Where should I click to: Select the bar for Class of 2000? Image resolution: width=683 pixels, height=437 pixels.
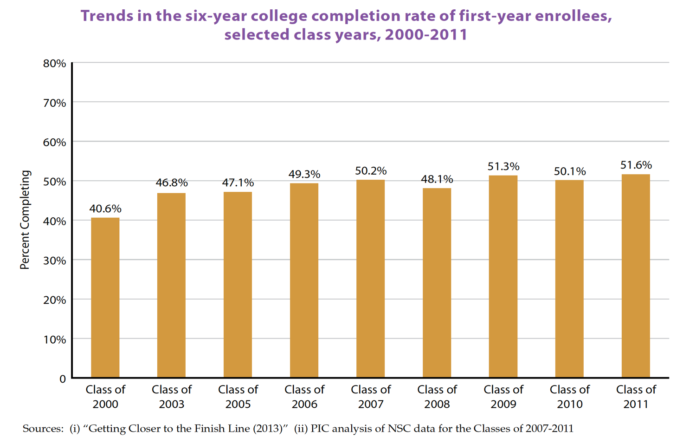(x=105, y=297)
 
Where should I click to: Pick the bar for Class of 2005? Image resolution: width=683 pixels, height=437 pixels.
(x=238, y=284)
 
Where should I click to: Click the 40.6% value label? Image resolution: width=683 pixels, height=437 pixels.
(x=105, y=209)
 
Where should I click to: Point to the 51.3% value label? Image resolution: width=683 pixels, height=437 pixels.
(x=503, y=166)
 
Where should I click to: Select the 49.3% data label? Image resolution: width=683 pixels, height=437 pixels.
(x=304, y=174)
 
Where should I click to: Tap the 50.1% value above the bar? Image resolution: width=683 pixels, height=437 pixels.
(x=570, y=171)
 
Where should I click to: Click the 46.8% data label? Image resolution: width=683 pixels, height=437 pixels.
(x=172, y=183)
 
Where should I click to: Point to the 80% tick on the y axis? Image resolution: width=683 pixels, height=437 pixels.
(x=54, y=64)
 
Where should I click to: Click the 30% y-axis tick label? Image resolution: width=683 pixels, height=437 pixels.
(x=54, y=261)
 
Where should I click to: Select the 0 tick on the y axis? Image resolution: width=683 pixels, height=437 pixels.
(x=62, y=379)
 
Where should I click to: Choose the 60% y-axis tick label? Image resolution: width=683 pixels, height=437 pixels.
(x=54, y=143)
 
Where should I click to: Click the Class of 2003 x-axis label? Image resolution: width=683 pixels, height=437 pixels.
(x=172, y=397)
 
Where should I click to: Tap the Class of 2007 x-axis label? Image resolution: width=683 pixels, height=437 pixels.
(x=371, y=397)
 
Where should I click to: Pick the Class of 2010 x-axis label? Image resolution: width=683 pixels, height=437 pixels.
(x=570, y=397)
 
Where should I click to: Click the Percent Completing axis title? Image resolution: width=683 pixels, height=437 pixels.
(x=25, y=220)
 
